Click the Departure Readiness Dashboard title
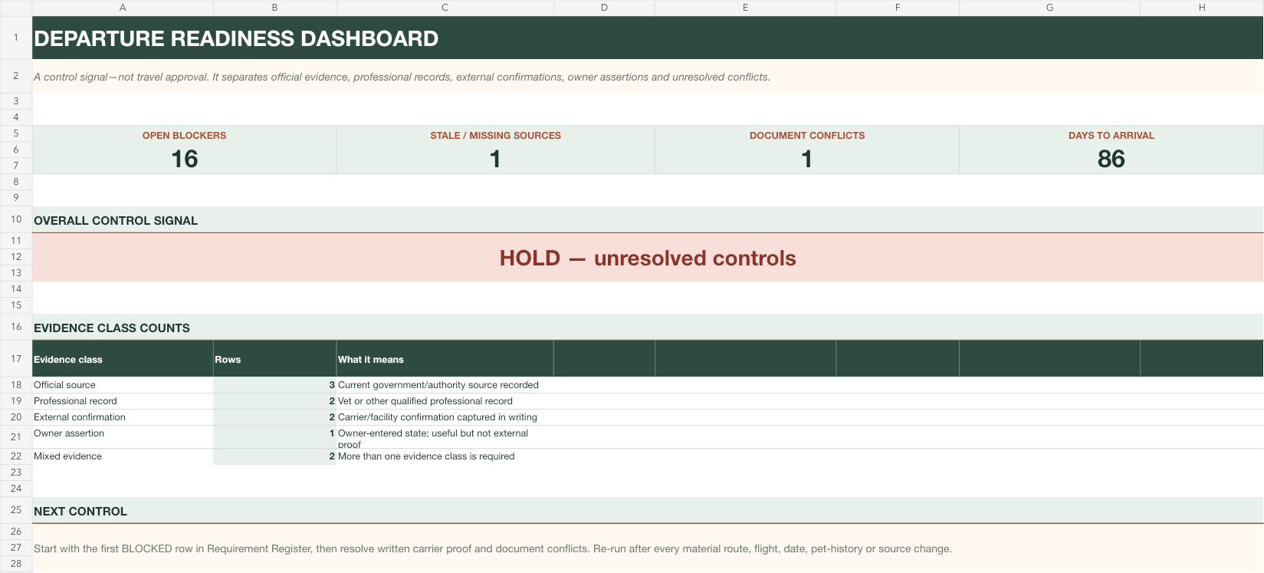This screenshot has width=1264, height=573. pos(236,38)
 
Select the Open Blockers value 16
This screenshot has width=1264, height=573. pos(185,159)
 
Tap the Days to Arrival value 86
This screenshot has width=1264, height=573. pos(1111,159)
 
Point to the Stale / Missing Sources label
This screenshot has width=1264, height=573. pos(495,136)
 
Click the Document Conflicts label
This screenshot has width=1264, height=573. pos(807,136)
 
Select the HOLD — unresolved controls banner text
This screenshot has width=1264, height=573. pos(648,258)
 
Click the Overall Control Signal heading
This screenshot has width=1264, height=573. pos(116,221)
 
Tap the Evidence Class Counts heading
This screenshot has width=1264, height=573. pos(112,328)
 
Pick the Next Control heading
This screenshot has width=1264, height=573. pos(80,512)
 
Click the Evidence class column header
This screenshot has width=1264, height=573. pos(68,360)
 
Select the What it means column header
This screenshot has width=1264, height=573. pos(371,360)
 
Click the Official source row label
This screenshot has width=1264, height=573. pos(64,385)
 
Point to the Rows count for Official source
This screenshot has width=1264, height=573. pos(332,385)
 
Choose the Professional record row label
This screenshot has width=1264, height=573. pos(75,401)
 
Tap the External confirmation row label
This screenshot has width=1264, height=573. pos(80,417)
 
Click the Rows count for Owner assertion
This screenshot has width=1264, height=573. pos(332,433)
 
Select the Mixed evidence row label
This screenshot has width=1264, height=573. pos(67,456)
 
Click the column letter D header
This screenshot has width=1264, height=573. pos(604,8)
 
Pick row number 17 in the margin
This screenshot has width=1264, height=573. pos(16,358)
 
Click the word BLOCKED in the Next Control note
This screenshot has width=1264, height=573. pos(146,548)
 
